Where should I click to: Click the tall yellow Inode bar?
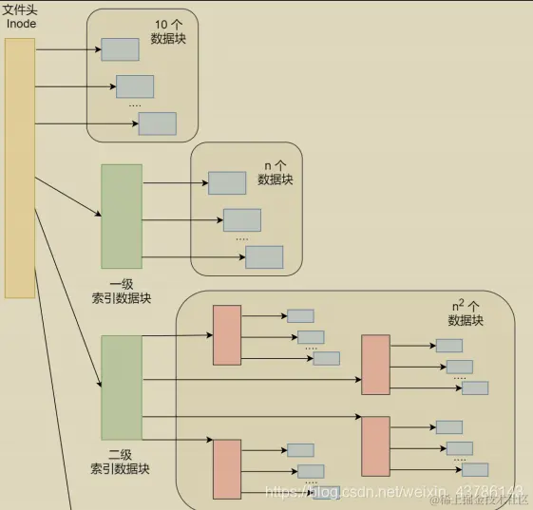[x=20, y=167]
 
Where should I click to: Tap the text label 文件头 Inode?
[x=20, y=16]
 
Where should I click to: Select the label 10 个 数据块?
[x=169, y=31]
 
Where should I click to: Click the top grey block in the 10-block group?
[x=120, y=49]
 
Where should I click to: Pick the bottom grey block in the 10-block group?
[x=157, y=123]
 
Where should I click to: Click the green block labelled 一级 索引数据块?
[x=122, y=217]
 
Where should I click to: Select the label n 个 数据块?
[x=275, y=172]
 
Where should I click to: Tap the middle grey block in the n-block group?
[x=241, y=220]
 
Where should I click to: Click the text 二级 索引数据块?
[x=121, y=462]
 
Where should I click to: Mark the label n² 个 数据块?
[x=466, y=313]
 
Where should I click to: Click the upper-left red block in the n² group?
[x=227, y=335]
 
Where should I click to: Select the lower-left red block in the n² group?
[x=227, y=468]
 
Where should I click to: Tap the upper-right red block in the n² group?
[x=375, y=364]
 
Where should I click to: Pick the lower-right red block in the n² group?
[x=375, y=446]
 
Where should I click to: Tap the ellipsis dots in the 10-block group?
[x=135, y=104]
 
